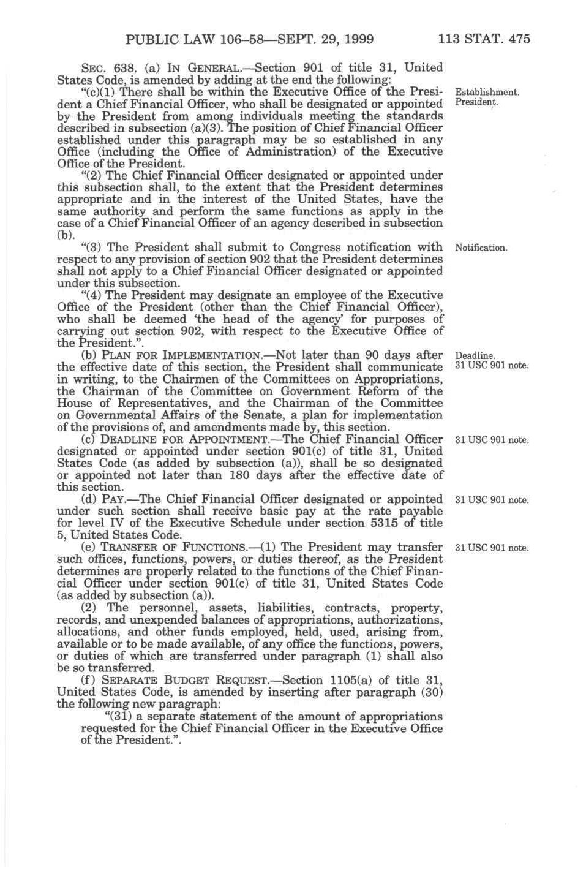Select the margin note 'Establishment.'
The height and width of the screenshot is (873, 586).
[x=488, y=93]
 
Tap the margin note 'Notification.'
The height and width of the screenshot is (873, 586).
[x=481, y=248]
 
